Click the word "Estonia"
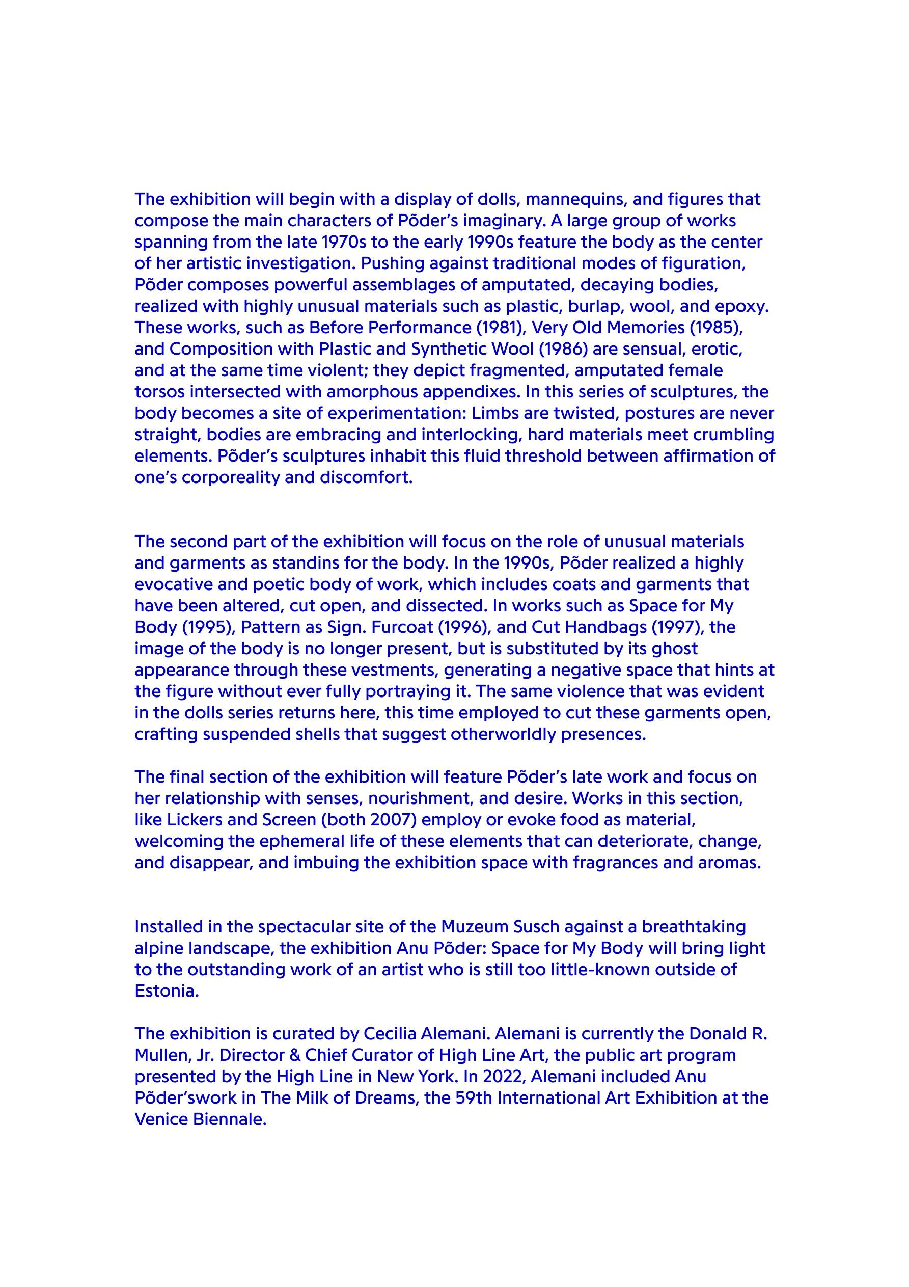click(x=167, y=991)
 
